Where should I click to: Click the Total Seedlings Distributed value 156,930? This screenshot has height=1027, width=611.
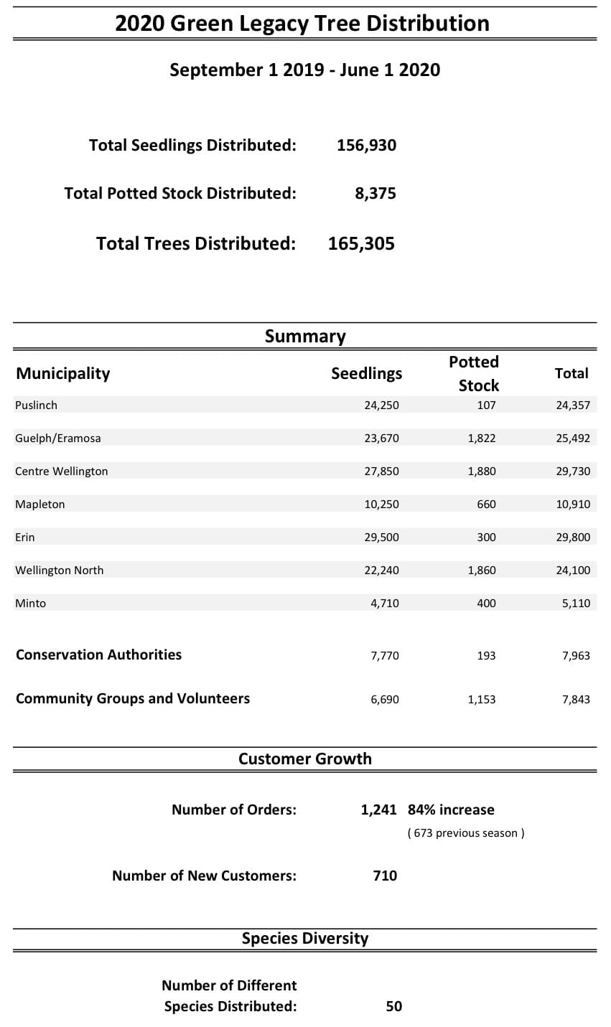click(x=366, y=145)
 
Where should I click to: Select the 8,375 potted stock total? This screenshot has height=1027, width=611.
click(x=375, y=193)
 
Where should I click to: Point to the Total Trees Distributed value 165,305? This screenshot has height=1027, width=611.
click(x=361, y=243)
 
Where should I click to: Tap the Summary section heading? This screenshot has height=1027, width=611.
click(x=305, y=336)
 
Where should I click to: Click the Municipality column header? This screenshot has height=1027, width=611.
click(x=63, y=373)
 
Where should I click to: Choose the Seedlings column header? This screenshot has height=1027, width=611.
click(x=366, y=373)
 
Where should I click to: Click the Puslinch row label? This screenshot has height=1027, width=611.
click(x=36, y=405)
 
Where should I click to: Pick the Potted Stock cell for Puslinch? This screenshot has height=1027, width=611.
click(x=486, y=405)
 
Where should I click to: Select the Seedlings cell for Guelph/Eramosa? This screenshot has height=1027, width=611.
click(x=381, y=438)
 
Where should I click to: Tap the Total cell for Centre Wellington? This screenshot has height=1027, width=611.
click(x=573, y=471)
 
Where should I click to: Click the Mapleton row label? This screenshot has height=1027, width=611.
click(x=40, y=504)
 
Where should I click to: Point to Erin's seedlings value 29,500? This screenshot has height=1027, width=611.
click(x=381, y=537)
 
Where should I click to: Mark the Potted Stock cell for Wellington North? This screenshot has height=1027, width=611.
click(x=481, y=570)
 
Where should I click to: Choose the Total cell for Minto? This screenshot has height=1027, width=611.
click(x=576, y=603)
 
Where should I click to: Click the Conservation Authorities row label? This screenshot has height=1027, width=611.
click(x=99, y=655)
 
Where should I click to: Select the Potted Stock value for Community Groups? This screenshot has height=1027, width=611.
click(x=481, y=699)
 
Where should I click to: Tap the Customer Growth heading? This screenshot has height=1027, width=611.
click(x=305, y=759)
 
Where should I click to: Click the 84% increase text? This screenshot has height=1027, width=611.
click(x=451, y=810)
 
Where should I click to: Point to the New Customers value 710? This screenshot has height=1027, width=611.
click(x=385, y=876)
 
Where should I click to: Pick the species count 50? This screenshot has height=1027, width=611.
click(x=394, y=1006)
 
